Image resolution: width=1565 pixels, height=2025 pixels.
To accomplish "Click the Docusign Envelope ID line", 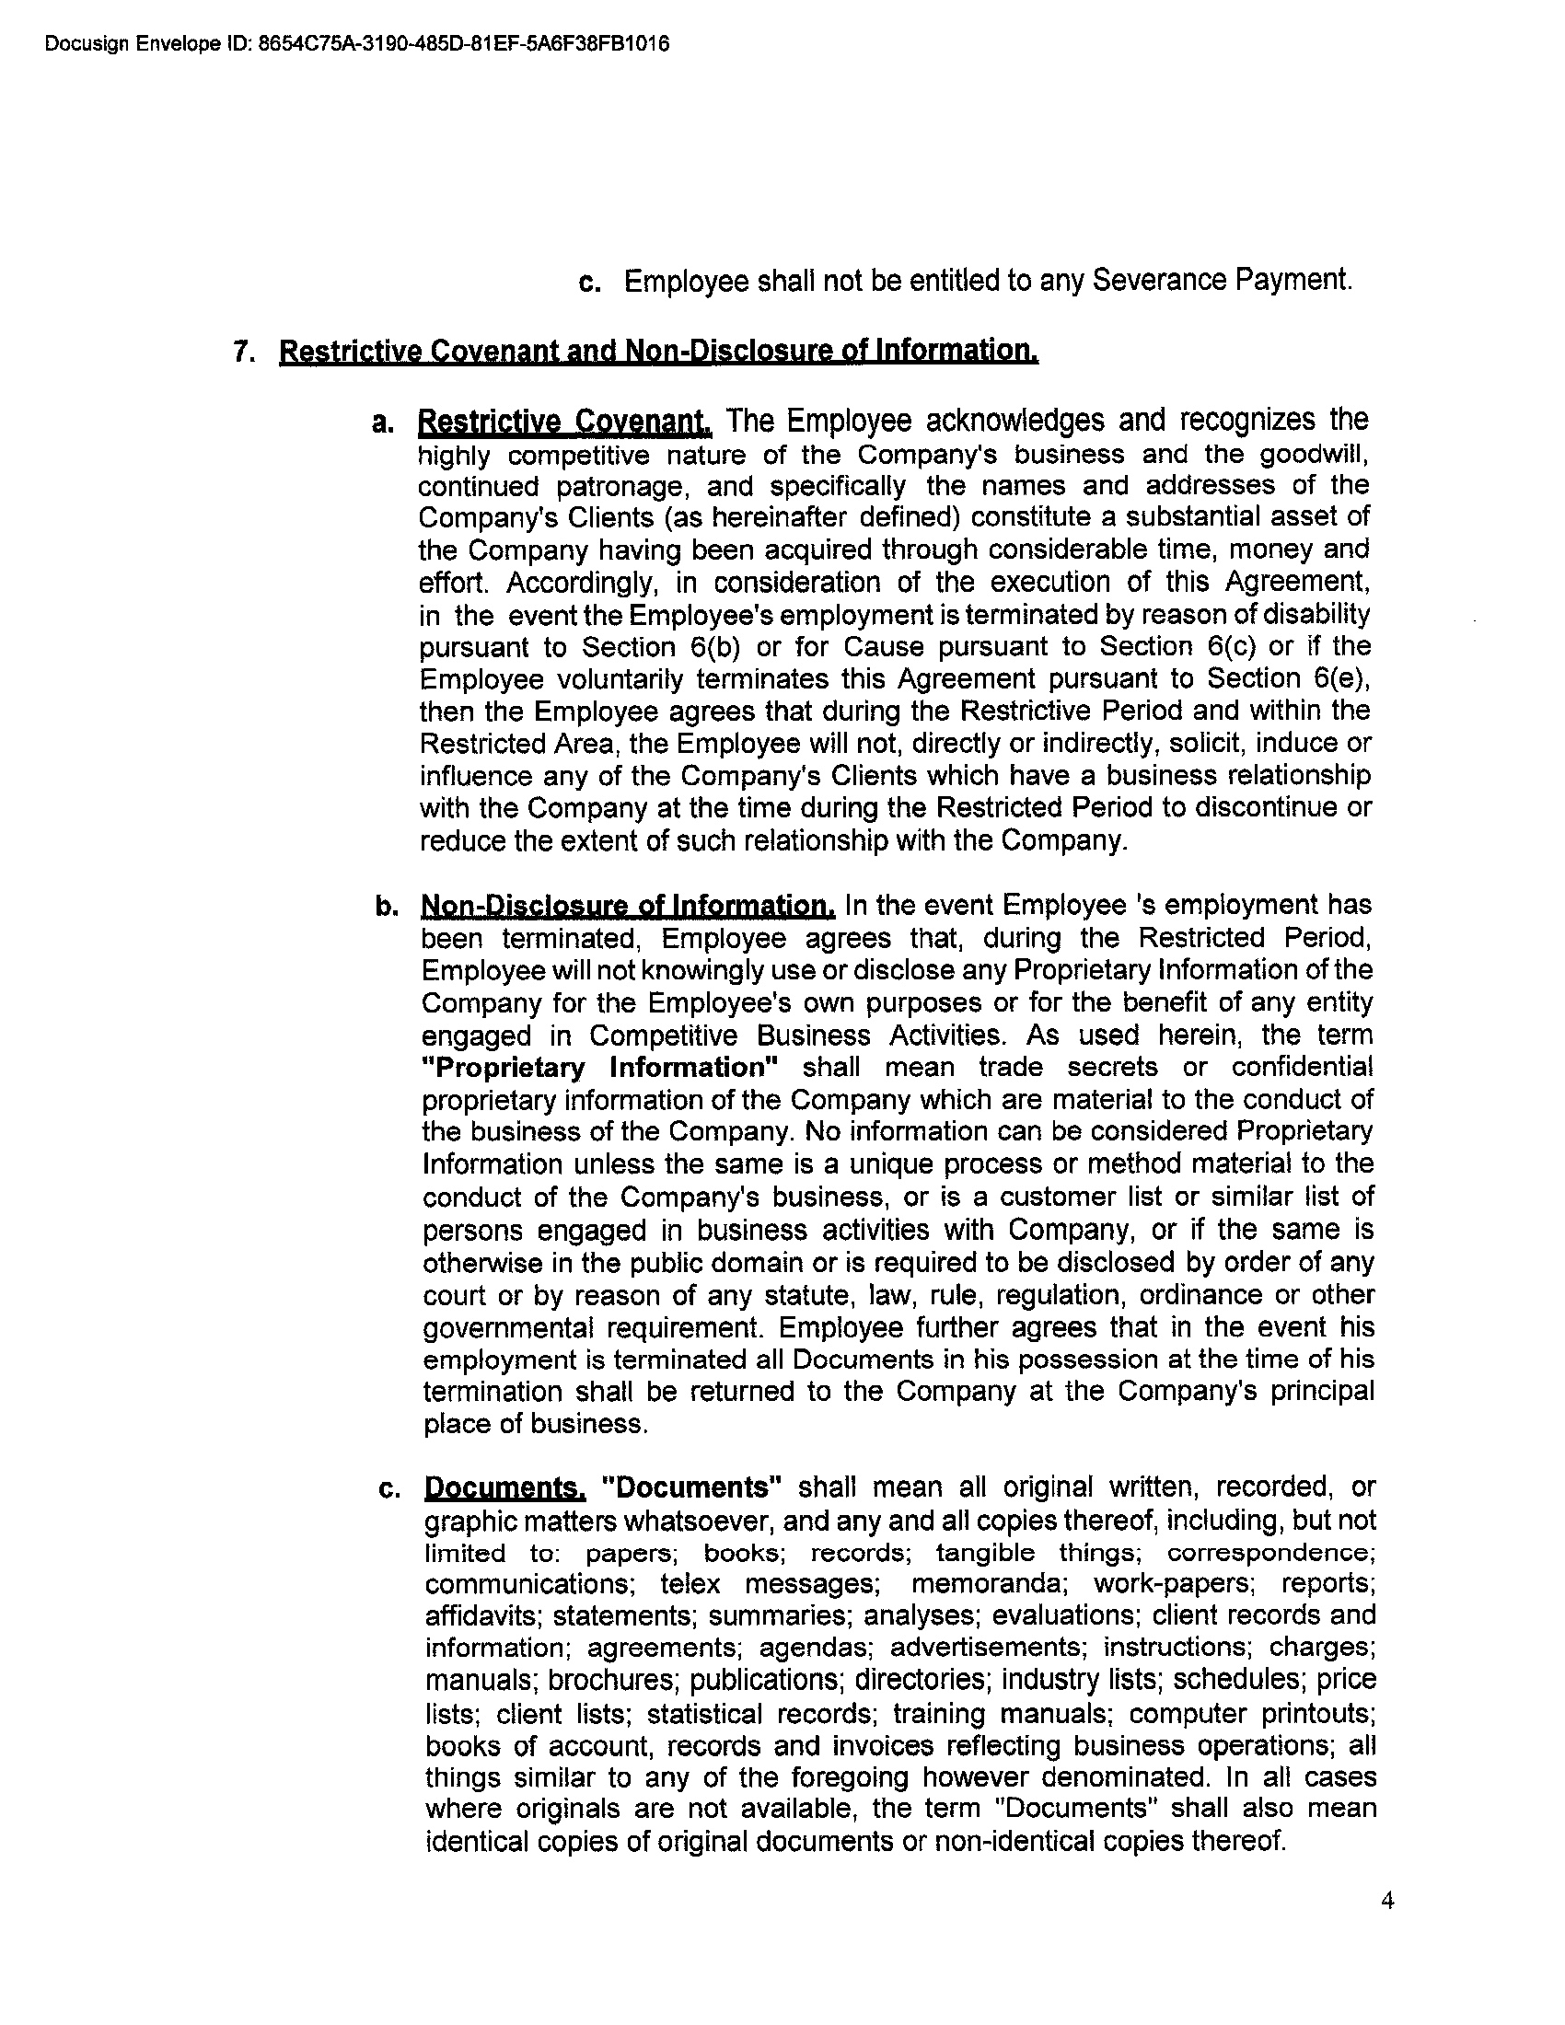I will (x=356, y=43).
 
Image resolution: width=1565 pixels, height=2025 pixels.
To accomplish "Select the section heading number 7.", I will (x=242, y=352).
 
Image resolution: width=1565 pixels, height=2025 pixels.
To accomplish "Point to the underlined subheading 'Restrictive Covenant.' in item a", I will (x=564, y=422).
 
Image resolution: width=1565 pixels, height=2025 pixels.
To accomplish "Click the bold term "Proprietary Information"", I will (x=600, y=1067).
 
